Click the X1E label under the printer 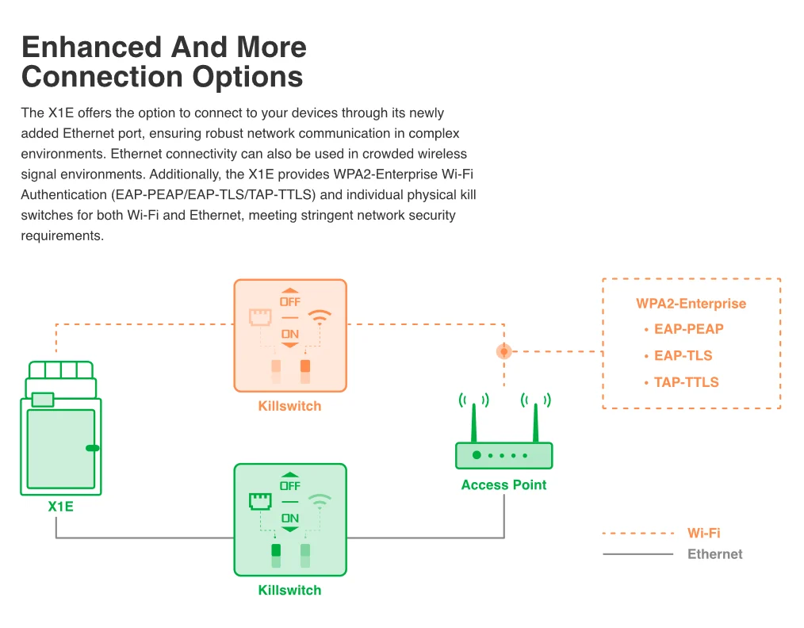pos(60,506)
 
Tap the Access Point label pos(503,484)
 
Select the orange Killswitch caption pos(289,406)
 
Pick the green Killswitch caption pos(289,590)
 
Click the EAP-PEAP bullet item pos(688,329)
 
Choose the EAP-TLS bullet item pos(683,355)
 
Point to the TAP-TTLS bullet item pos(686,382)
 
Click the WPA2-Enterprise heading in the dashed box pos(691,304)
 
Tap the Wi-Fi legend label pos(703,534)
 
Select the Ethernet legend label pos(714,554)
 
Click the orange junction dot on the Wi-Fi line pos(503,350)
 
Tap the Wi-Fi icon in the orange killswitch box pos(320,317)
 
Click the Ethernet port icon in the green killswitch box pos(260,501)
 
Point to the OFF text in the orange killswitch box pos(290,302)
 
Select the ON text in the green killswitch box pos(290,518)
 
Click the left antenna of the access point pos(473,422)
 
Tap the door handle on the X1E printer pos(93,448)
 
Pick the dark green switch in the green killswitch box pos(276,550)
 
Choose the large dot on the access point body pos(477,455)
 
